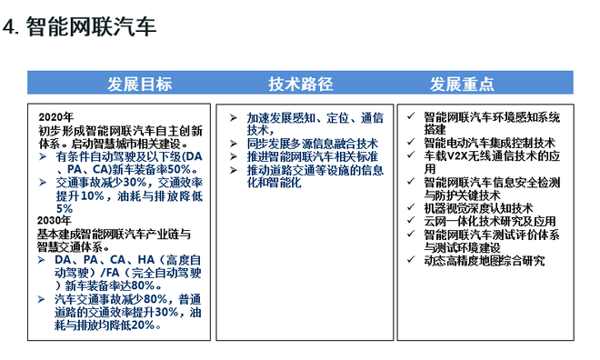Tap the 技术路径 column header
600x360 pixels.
299,85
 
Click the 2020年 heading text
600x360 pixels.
55,118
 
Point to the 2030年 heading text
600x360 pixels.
55,220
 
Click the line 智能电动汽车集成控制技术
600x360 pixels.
489,144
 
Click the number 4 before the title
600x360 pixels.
11,27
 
